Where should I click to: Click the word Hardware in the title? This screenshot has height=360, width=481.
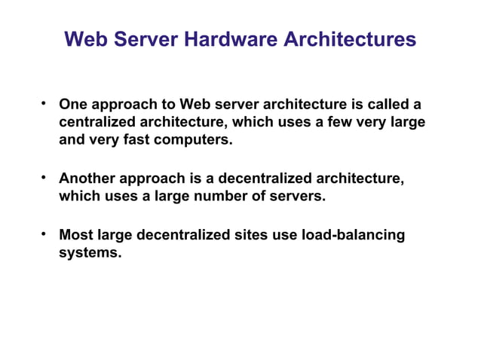233,38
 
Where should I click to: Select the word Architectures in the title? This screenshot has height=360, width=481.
350,38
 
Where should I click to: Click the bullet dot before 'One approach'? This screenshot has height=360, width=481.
45,102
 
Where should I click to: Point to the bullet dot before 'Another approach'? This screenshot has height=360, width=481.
45,178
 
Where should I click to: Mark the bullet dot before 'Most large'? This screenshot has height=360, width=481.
45,234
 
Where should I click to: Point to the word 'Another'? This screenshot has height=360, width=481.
87,178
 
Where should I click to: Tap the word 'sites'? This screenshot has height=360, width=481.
250,235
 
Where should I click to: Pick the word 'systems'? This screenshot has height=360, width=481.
90,254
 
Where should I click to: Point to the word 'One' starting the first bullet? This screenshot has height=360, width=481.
73,103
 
